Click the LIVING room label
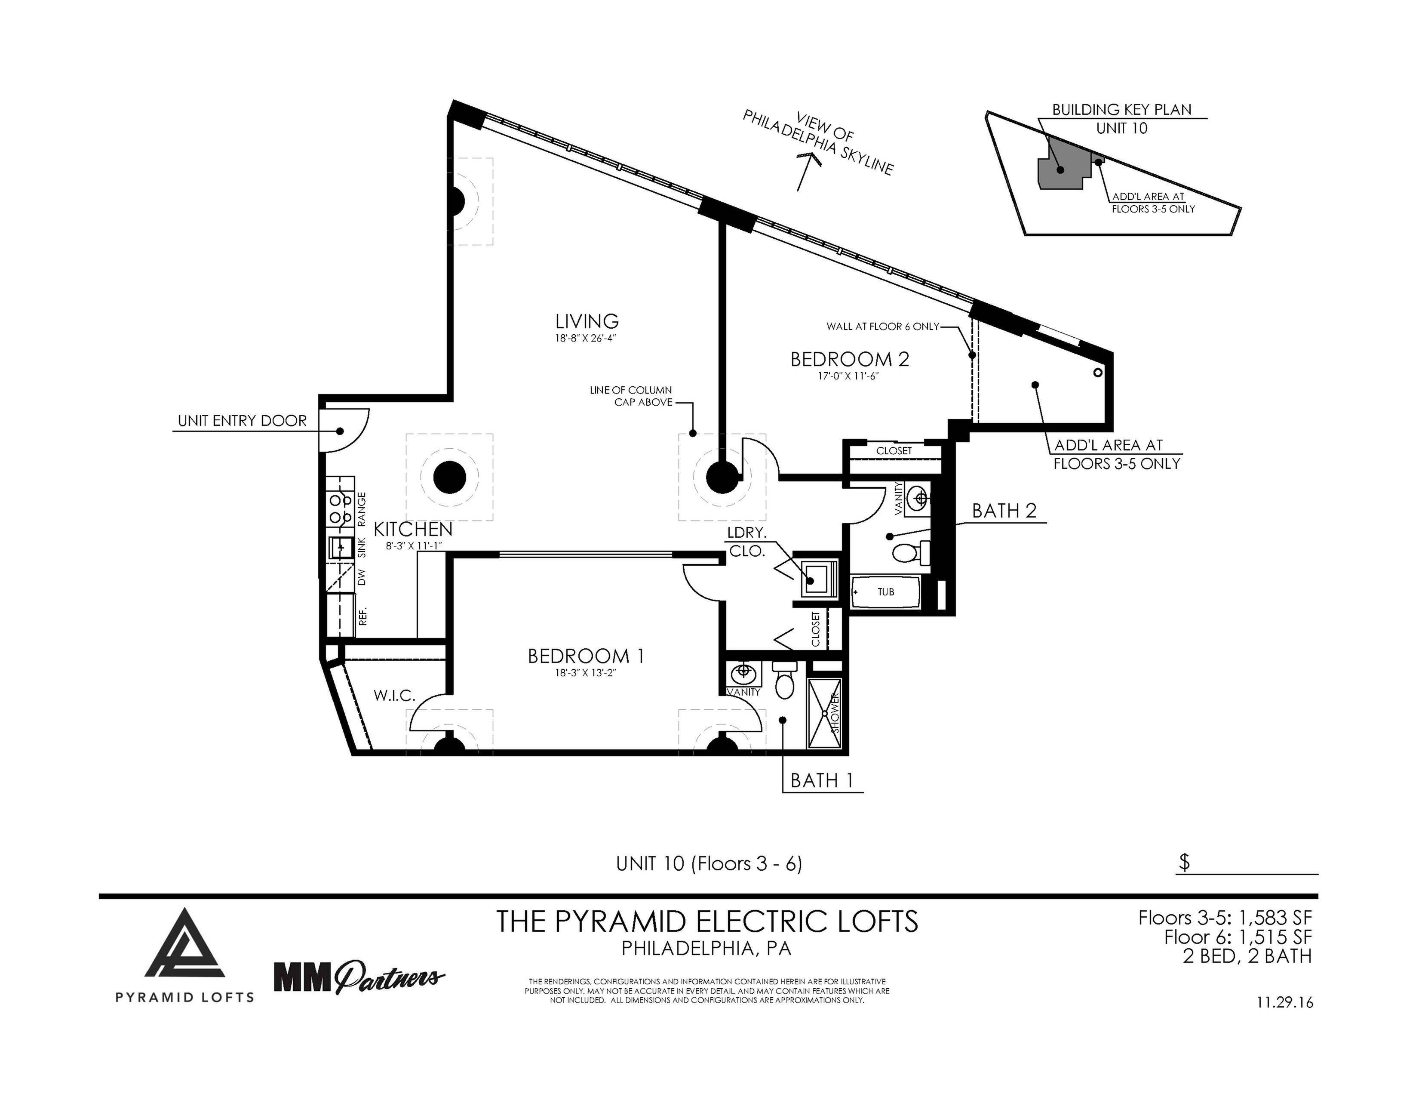[587, 321]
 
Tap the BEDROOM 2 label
[849, 359]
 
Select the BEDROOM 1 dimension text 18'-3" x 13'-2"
[585, 673]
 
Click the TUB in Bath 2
[885, 592]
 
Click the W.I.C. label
[394, 695]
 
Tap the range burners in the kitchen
[340, 509]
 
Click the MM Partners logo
[359, 977]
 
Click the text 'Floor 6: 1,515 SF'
[1238, 937]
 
